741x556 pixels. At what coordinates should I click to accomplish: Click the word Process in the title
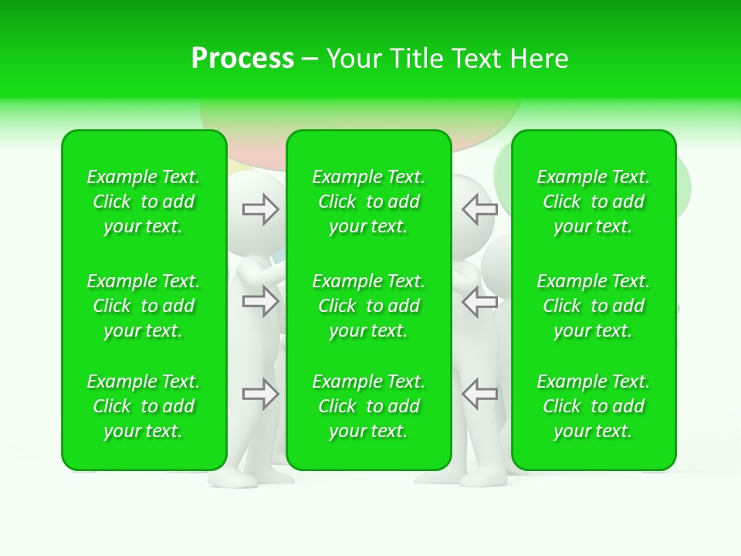click(242, 59)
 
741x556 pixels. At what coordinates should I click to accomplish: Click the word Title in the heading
click(415, 59)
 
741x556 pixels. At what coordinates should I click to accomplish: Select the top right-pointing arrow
click(260, 209)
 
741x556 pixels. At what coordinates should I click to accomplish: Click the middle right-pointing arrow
click(260, 301)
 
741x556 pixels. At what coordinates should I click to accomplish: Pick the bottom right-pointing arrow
click(260, 394)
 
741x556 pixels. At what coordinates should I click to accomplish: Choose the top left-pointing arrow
click(479, 208)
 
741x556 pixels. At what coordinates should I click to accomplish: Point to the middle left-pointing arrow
click(479, 301)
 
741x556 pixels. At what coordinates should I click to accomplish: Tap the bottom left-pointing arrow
click(479, 394)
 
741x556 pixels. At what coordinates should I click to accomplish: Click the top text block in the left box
click(144, 202)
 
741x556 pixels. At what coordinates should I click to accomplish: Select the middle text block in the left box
click(144, 306)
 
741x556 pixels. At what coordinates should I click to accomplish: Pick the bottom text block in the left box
click(144, 406)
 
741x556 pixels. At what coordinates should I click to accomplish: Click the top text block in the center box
click(369, 202)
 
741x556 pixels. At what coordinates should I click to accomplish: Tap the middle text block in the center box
click(369, 306)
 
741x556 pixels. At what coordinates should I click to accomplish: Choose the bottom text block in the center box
click(369, 406)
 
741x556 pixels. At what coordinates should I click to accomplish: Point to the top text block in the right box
click(594, 202)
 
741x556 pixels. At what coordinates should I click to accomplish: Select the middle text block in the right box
click(594, 306)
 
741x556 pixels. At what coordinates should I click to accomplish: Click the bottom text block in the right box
click(594, 406)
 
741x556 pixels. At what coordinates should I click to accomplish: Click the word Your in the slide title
click(355, 59)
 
